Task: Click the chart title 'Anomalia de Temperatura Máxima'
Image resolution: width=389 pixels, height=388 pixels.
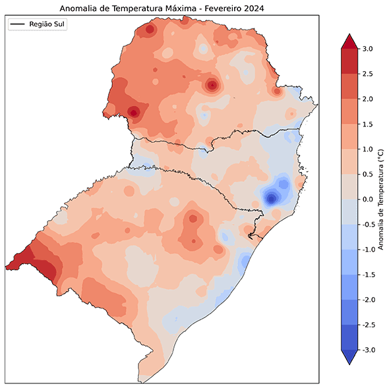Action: [132, 8]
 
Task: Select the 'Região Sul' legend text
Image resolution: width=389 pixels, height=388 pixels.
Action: [48, 24]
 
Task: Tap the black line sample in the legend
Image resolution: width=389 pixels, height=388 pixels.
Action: [18, 24]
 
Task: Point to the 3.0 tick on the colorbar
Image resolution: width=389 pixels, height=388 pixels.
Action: [368, 49]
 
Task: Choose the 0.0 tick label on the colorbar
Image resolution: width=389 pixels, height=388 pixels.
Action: [368, 199]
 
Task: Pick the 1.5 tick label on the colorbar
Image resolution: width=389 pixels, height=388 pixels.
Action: [368, 124]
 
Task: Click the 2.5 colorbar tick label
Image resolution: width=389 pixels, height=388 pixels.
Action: [368, 74]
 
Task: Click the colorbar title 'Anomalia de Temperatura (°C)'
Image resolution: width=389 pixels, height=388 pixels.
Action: [381, 199]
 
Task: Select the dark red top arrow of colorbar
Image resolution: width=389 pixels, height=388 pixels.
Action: [349, 42]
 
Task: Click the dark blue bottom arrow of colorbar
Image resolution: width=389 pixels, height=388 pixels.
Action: [349, 357]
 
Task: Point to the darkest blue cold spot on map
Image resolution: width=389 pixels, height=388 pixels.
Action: [271, 198]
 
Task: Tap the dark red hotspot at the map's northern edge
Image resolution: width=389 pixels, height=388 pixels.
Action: [150, 30]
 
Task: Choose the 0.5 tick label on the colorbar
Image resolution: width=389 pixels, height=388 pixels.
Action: [368, 174]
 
